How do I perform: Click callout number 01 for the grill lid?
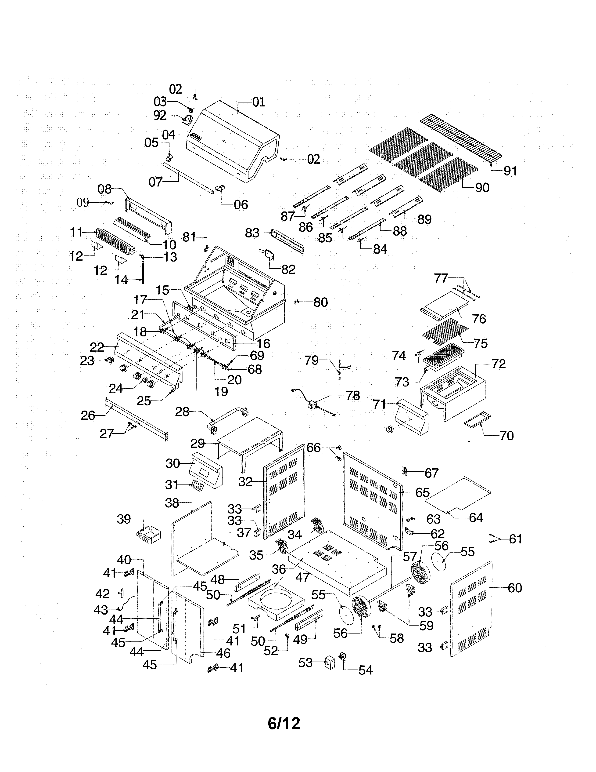pyautogui.click(x=259, y=102)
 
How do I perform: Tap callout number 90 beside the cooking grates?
pyautogui.click(x=482, y=188)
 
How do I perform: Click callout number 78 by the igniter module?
pyautogui.click(x=353, y=396)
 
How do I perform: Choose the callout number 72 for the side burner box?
pyautogui.click(x=498, y=364)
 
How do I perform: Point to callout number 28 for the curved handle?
pyautogui.click(x=182, y=412)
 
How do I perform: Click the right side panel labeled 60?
pyautogui.click(x=471, y=608)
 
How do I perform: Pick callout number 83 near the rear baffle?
pyautogui.click(x=252, y=233)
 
